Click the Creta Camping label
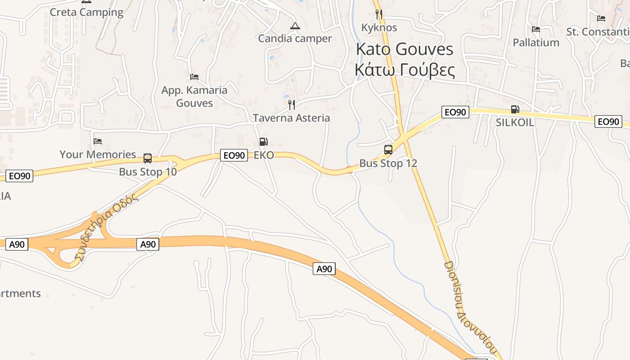pyautogui.click(x=86, y=12)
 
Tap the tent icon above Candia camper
pyautogui.click(x=295, y=26)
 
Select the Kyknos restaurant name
pyautogui.click(x=379, y=27)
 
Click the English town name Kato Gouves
pyautogui.click(x=405, y=49)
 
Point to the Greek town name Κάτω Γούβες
pyautogui.click(x=405, y=70)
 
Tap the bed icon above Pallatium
pyautogui.click(x=535, y=29)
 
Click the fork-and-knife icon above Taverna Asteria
pyautogui.click(x=292, y=105)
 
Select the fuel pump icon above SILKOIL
pyautogui.click(x=515, y=109)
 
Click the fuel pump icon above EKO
pyautogui.click(x=264, y=142)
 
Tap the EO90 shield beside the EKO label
pyautogui.click(x=234, y=156)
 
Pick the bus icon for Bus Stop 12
pyautogui.click(x=388, y=150)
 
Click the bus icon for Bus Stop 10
pyautogui.click(x=148, y=158)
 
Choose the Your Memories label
pyautogui.click(x=98, y=154)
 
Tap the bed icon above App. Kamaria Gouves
pyautogui.click(x=194, y=76)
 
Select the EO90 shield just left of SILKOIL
pyautogui.click(x=455, y=112)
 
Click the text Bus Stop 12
pyautogui.click(x=388, y=163)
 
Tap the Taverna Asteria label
pyautogui.click(x=292, y=118)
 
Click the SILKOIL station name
pyautogui.click(x=515, y=122)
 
